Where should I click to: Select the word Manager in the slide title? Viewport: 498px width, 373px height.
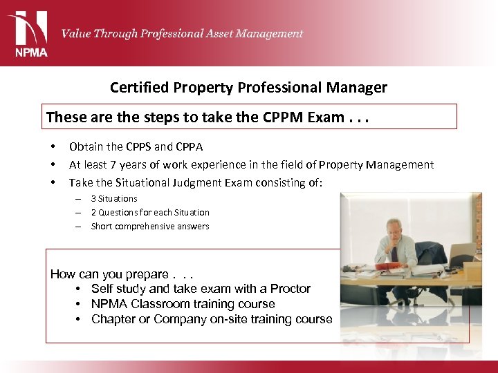[x=362, y=88]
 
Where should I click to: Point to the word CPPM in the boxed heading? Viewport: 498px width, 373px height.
[x=283, y=117]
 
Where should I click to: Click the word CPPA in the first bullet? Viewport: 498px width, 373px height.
[x=189, y=146]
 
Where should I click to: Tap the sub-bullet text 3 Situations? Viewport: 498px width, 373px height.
[x=114, y=198]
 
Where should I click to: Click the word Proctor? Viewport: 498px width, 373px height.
[x=290, y=289]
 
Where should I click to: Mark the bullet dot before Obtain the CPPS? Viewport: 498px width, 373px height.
[x=53, y=147]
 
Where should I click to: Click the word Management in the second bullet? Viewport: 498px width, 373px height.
[x=400, y=164]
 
